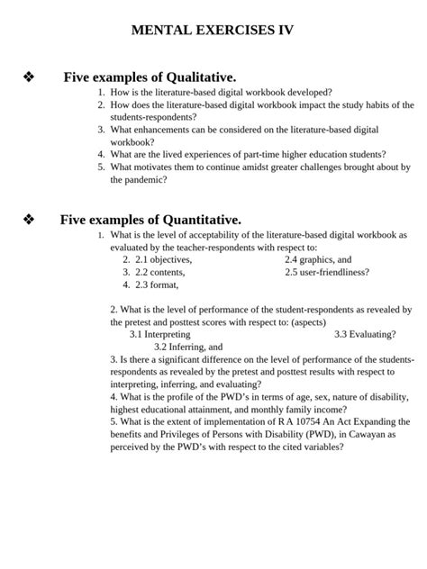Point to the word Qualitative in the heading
(198, 78)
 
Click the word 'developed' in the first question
(304, 93)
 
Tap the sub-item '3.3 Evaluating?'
(365, 334)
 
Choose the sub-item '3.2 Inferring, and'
(187, 347)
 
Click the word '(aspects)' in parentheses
(304, 321)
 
